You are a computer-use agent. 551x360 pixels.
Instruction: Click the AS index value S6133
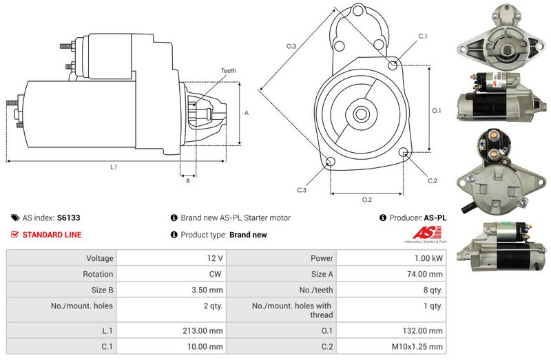tap(69, 218)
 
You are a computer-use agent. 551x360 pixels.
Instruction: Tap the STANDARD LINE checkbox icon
tap(15, 235)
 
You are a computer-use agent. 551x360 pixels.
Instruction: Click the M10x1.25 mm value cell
tap(420, 346)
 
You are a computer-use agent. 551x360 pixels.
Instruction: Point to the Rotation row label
tap(99, 274)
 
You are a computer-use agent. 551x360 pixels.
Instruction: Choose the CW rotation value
tap(216, 274)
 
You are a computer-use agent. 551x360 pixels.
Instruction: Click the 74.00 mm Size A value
tap(426, 274)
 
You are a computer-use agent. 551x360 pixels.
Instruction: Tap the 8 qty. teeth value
tap(432, 290)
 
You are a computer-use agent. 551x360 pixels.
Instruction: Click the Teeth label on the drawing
tap(229, 71)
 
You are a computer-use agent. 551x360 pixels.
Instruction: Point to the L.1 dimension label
tap(114, 167)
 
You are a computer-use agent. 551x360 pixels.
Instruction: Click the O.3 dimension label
tap(291, 46)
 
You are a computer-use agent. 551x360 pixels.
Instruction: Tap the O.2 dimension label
tap(366, 200)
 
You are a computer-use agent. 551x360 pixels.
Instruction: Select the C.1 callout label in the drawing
tap(423, 36)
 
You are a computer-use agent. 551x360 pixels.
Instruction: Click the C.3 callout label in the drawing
tap(302, 189)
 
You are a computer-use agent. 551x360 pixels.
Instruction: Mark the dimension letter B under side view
tap(188, 180)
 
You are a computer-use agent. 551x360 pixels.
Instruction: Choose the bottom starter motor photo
tap(502, 246)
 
